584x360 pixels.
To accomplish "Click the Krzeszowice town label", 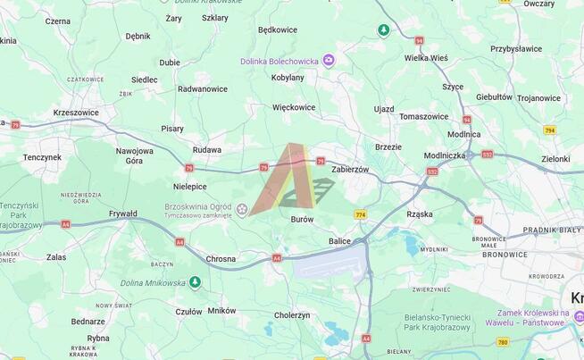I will coord(75,113).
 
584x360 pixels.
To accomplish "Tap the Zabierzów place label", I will coord(349,169).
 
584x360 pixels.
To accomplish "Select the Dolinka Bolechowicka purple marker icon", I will coord(329,61).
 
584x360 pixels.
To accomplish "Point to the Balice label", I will coord(339,241).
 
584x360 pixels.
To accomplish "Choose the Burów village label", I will coord(302,219).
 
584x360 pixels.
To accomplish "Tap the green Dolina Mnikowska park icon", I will coord(195,282).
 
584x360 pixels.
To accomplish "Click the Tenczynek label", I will coord(42,157).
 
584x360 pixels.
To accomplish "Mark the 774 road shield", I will coord(361,214).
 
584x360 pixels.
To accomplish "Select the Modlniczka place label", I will coord(445,155).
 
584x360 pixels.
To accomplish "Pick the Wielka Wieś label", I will coord(425,58).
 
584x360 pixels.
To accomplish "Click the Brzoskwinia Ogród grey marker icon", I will coord(242,209).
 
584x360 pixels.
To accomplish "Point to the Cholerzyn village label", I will coord(292,315).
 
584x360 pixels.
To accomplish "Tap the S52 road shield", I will coord(432,171).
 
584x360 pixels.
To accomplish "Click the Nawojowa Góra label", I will coord(134,155).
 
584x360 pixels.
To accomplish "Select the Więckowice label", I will coord(294,107).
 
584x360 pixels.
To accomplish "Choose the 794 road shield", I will coord(549,130).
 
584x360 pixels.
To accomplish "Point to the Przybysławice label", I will coord(516,49).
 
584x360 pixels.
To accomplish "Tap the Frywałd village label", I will coord(123,213).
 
